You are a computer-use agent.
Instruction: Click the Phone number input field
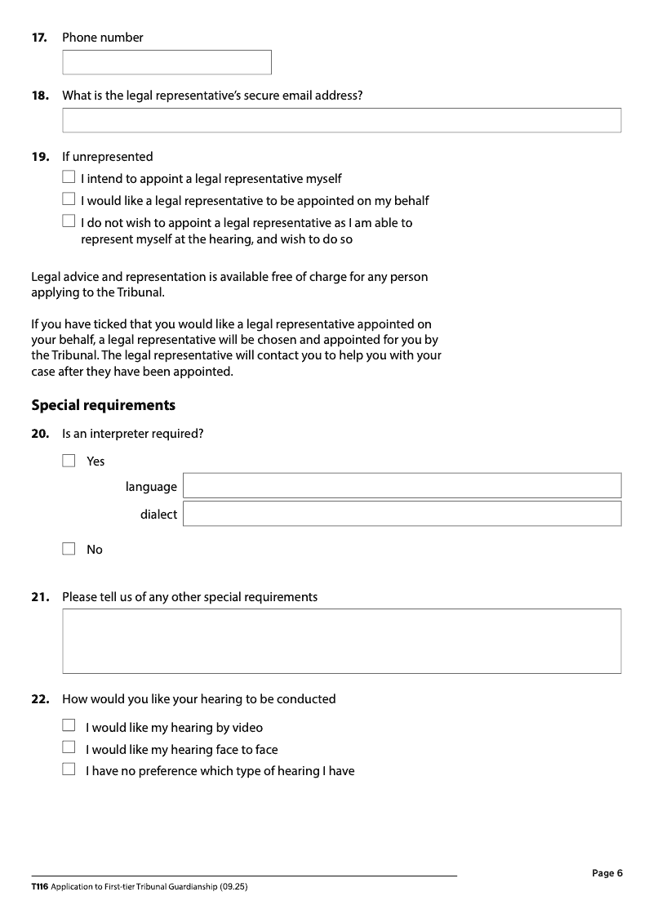pyautogui.click(x=167, y=62)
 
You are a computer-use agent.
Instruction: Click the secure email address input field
pyautogui.click(x=341, y=120)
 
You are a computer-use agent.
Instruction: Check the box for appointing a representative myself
pyautogui.click(x=69, y=177)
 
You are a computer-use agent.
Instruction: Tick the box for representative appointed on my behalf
pyautogui.click(x=69, y=199)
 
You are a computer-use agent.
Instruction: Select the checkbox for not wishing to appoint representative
pyautogui.click(x=69, y=221)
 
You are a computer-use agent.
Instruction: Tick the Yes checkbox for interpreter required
pyautogui.click(x=69, y=461)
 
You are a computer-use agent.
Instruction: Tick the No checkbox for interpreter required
pyautogui.click(x=69, y=549)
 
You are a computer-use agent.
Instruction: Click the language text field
pyautogui.click(x=402, y=486)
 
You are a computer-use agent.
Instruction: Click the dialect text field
pyautogui.click(x=402, y=514)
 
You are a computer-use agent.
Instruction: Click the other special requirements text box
pyautogui.click(x=341, y=641)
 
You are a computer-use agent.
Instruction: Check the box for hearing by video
pyautogui.click(x=69, y=725)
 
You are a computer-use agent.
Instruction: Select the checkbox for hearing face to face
pyautogui.click(x=69, y=747)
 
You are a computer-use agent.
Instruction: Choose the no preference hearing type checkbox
pyautogui.click(x=69, y=769)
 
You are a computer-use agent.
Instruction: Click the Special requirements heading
pyautogui.click(x=103, y=405)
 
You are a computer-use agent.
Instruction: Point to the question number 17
pyautogui.click(x=39, y=38)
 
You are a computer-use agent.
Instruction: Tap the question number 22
pyautogui.click(x=39, y=699)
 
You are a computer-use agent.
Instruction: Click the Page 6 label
pyautogui.click(x=607, y=873)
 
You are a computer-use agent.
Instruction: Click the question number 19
pyautogui.click(x=39, y=157)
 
